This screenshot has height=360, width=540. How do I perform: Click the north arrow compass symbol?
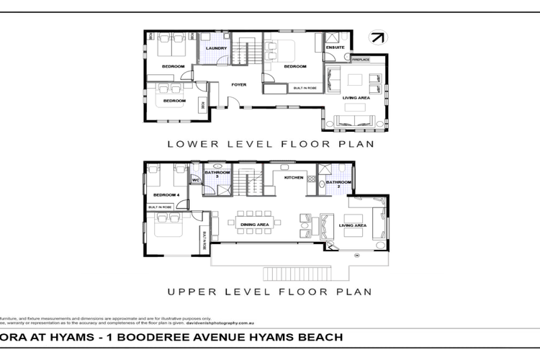pyautogui.click(x=377, y=37)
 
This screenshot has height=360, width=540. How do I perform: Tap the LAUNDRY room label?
pyautogui.click(x=216, y=49)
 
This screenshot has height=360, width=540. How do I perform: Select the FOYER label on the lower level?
pyautogui.click(x=238, y=85)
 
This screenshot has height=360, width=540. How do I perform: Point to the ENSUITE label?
pyautogui.click(x=336, y=48)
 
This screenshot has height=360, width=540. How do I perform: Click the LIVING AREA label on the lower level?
pyautogui.click(x=356, y=97)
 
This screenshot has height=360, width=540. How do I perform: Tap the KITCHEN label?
pyautogui.click(x=294, y=177)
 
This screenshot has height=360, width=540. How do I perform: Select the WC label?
pyautogui.click(x=194, y=181)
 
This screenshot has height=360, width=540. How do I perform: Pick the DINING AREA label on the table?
pyautogui.click(x=254, y=225)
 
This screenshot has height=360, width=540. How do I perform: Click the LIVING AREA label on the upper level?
pyautogui.click(x=353, y=225)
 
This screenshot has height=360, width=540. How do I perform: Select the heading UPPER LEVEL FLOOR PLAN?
pyautogui.click(x=270, y=292)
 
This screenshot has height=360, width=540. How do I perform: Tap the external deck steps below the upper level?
pyautogui.click(x=297, y=273)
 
